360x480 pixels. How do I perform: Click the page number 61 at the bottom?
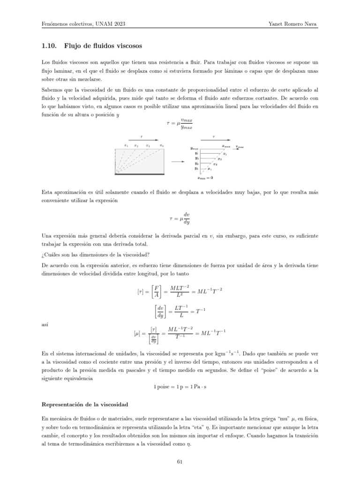click(180, 462)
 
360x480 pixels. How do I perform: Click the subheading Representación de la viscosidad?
click(85, 404)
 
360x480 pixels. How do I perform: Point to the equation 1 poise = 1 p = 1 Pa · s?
click(180, 386)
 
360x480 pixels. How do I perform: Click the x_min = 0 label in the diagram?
click(205, 178)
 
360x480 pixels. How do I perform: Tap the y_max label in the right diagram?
click(195, 148)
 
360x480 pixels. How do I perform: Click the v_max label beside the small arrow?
click(240, 147)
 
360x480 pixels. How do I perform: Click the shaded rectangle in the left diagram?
click(139, 161)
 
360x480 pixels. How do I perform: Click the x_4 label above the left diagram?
click(161, 146)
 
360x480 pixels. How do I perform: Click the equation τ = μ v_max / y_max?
click(180, 123)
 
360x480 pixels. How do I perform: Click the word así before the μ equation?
click(45, 324)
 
